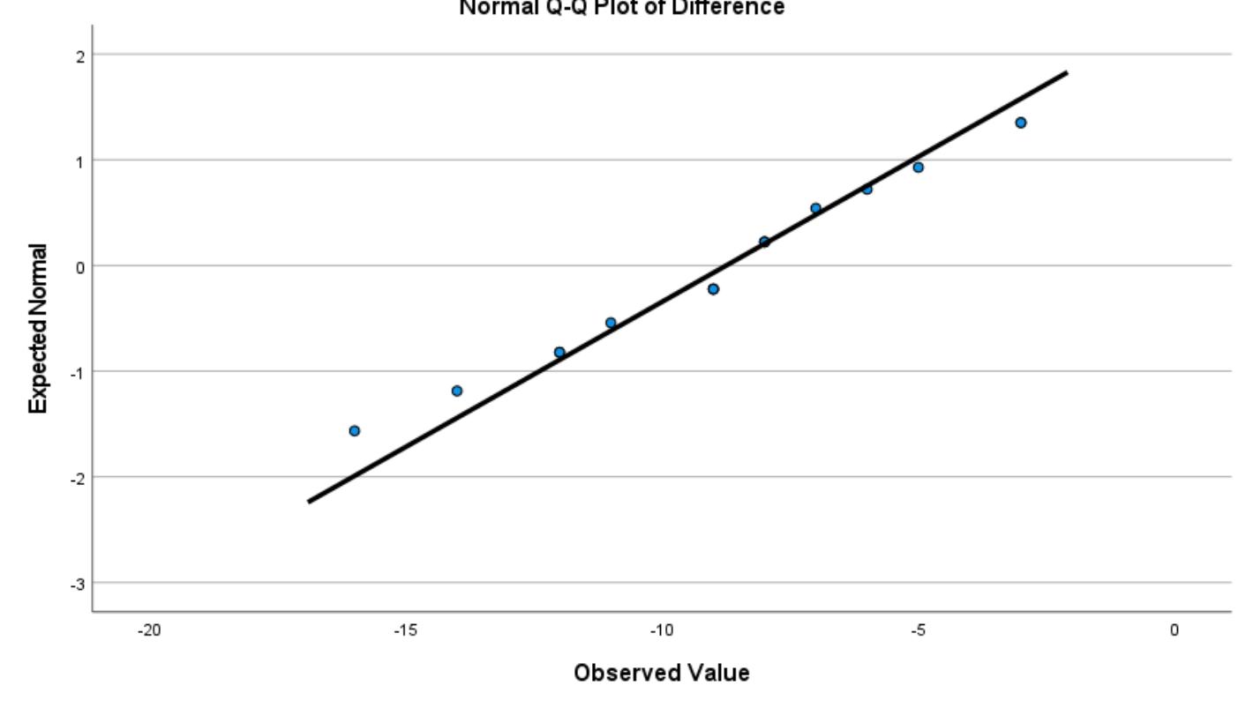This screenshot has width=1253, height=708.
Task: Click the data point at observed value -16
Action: click(354, 430)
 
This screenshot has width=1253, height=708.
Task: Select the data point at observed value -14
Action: click(456, 391)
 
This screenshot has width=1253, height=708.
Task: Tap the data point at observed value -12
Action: click(559, 352)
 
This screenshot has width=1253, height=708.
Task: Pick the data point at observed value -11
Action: click(610, 323)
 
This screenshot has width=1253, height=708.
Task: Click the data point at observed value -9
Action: click(713, 289)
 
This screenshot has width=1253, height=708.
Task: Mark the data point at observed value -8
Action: click(764, 242)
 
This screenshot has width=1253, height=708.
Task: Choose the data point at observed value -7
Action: click(815, 209)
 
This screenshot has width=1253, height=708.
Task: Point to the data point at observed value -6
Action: click(867, 189)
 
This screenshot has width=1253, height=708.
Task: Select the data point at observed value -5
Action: click(918, 168)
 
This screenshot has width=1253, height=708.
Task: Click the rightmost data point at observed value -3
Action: click(1020, 123)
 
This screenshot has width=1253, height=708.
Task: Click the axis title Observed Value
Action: click(661, 674)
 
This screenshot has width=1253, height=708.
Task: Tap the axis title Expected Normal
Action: click(38, 327)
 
